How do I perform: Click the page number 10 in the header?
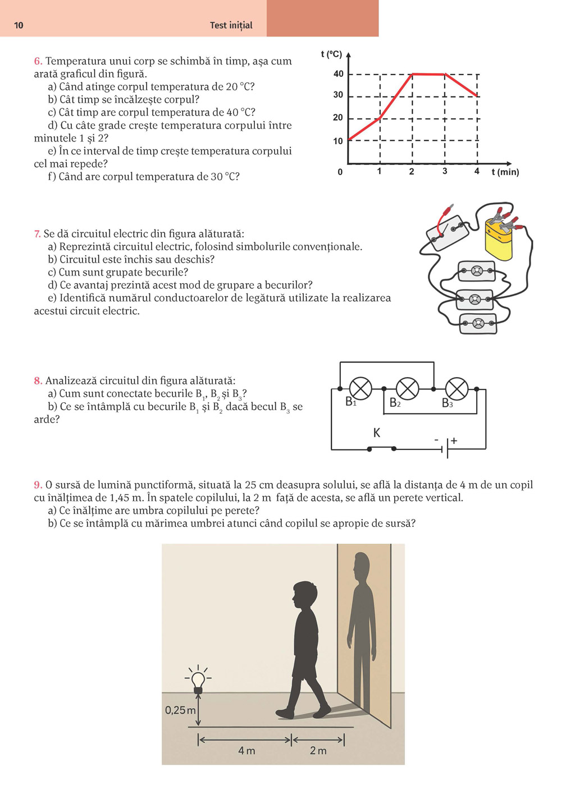pyautogui.click(x=19, y=25)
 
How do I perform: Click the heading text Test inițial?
pyautogui.click(x=231, y=25)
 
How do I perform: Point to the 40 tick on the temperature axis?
pyautogui.click(x=338, y=74)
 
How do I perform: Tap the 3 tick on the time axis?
pyautogui.click(x=445, y=171)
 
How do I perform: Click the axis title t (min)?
pyautogui.click(x=505, y=172)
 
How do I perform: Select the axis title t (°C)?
pyautogui.click(x=331, y=54)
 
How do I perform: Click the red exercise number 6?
pyautogui.click(x=38, y=61)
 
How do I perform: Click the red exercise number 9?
pyautogui.click(x=38, y=485)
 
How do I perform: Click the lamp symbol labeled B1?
pyautogui.click(x=360, y=388)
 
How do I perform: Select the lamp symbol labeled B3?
pyautogui.click(x=457, y=388)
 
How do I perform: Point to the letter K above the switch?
pyautogui.click(x=377, y=433)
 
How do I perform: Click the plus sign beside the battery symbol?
pyautogui.click(x=454, y=441)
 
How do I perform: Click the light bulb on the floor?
pyautogui.click(x=198, y=680)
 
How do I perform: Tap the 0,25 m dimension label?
pyautogui.click(x=180, y=710)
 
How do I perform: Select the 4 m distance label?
pyautogui.click(x=247, y=751)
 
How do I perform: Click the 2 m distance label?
pyautogui.click(x=318, y=751)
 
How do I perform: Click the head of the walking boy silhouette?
pyautogui.click(x=304, y=594)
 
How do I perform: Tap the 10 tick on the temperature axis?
pyautogui.click(x=338, y=141)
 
